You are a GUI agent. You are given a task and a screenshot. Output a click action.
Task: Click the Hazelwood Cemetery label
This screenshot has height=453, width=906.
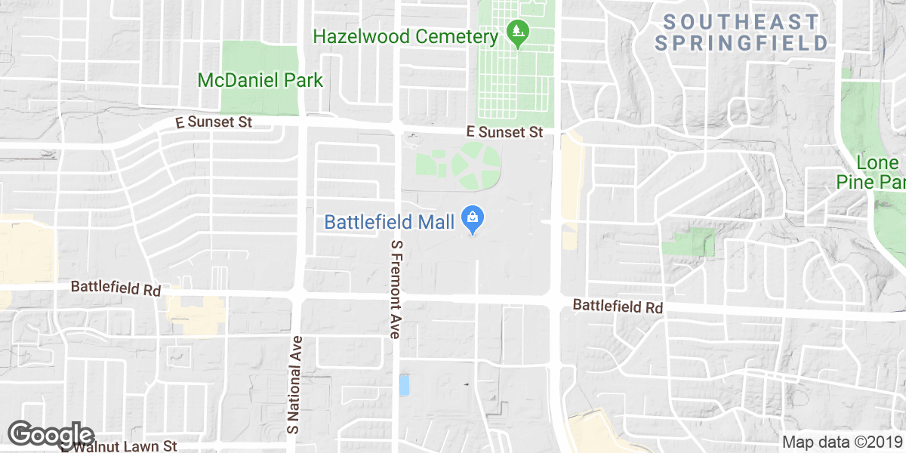coord(406,36)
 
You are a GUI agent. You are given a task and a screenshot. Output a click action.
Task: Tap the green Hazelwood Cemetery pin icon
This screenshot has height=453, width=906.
coord(517,32)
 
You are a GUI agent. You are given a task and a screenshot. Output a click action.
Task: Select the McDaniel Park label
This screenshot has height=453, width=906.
coord(260,80)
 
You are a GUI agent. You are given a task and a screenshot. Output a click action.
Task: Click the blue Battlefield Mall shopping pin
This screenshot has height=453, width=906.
coord(473,220)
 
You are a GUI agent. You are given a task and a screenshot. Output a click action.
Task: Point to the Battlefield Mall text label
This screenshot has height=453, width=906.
coord(389,222)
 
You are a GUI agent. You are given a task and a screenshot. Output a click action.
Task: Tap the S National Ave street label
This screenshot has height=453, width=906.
coord(294,384)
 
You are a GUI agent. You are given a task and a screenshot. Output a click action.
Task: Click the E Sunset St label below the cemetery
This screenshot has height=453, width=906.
coord(505,132)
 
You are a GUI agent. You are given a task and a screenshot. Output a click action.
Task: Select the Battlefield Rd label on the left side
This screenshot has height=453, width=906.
coord(116,288)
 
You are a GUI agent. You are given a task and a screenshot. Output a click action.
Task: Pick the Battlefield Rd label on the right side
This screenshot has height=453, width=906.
coord(618,307)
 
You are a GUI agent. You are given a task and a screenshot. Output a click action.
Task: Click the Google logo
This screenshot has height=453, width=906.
coord(51,434)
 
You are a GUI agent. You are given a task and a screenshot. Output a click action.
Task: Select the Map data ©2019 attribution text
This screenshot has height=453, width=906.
coord(841,442)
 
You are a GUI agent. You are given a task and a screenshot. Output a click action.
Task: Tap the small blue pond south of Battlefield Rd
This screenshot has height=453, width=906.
coord(405,385)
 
